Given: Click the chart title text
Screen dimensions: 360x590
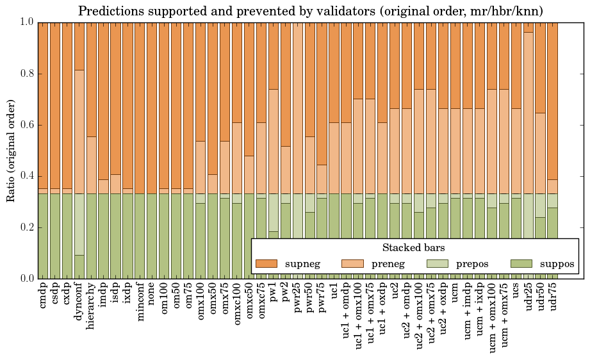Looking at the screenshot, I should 311,11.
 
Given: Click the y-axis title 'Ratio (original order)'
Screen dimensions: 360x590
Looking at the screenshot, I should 11,150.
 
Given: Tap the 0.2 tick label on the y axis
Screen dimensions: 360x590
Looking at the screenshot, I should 26,227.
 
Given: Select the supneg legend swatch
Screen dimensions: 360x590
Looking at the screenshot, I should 266,263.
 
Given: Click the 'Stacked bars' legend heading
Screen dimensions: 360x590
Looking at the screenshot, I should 414,248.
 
